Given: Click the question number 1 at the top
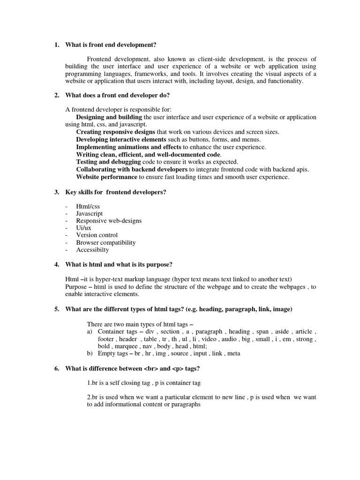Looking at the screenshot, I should tap(57, 45).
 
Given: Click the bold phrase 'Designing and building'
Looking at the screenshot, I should tap(109, 117).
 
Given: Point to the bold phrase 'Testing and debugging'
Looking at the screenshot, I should tap(102, 162).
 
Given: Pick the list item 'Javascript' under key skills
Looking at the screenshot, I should tap(90, 213).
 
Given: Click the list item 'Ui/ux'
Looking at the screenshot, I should tap(84, 228).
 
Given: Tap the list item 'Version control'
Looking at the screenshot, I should tap(97, 235).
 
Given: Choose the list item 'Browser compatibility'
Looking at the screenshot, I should tap(106, 243).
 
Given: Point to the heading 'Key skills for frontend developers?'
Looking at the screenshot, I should tap(116, 192).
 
